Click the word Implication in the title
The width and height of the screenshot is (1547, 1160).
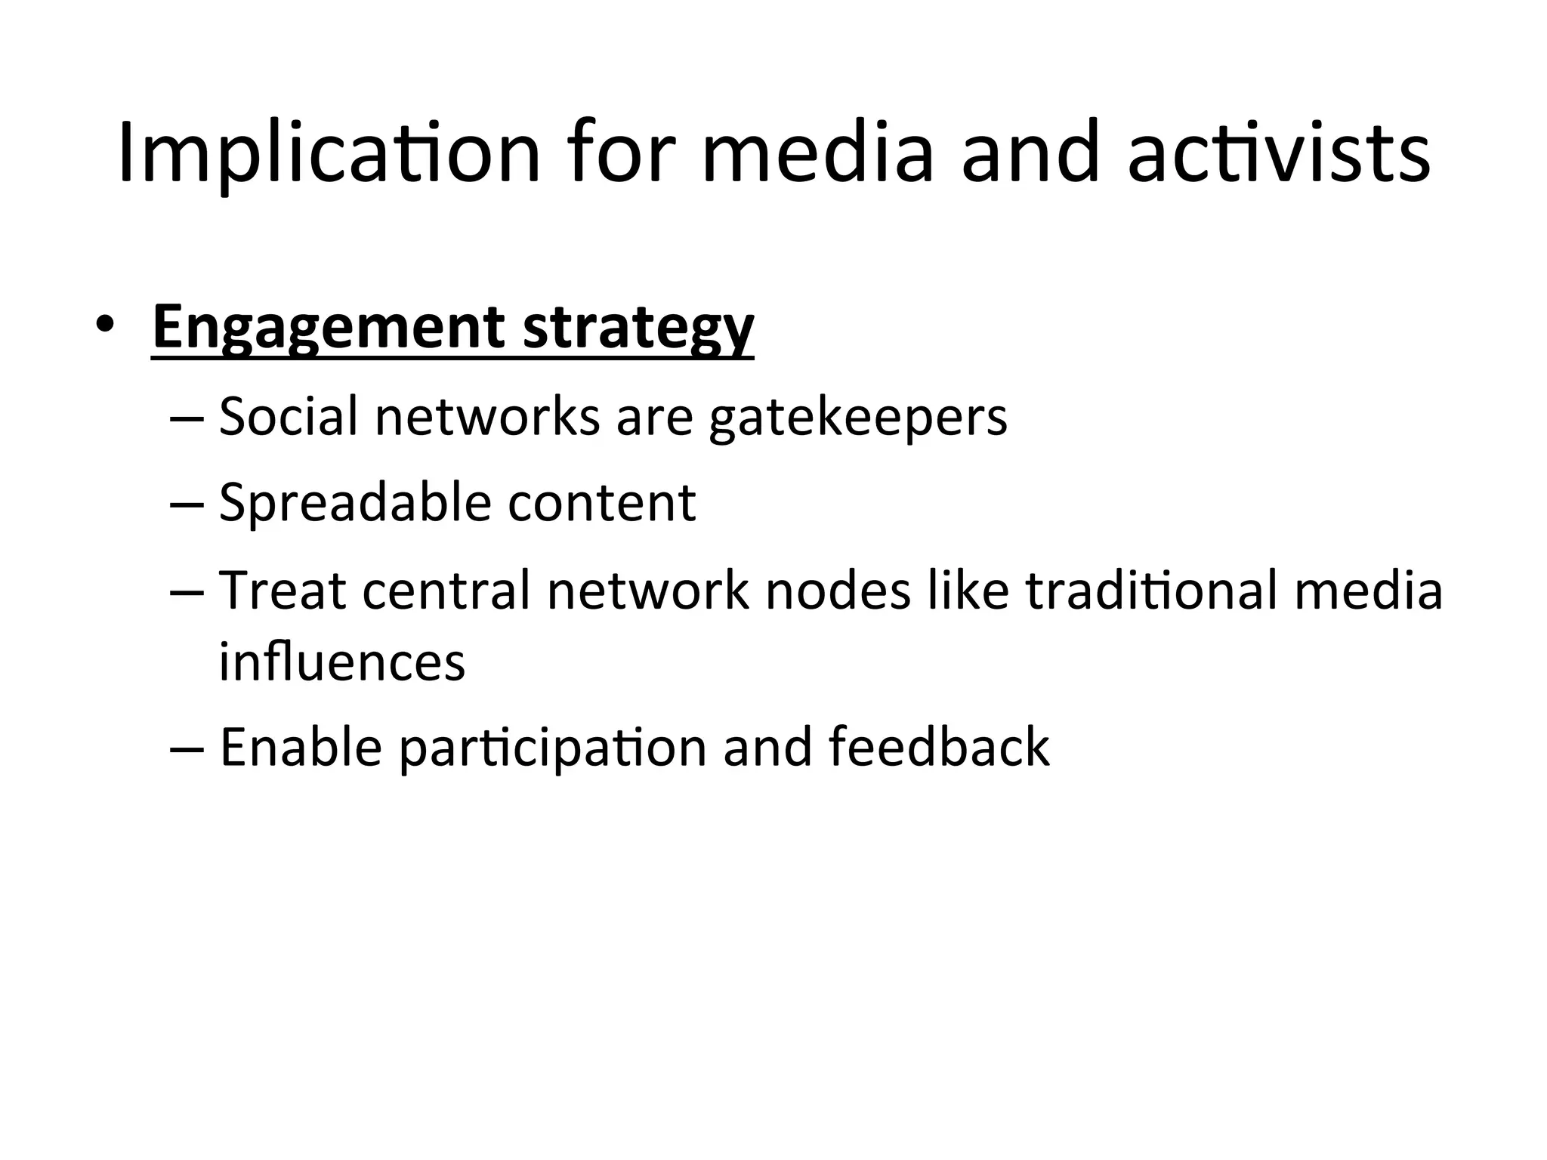click(x=329, y=153)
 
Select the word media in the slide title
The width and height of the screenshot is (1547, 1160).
click(x=817, y=153)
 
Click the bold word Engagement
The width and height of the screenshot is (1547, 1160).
click(x=328, y=328)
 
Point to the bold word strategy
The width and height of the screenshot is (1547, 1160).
click(x=638, y=328)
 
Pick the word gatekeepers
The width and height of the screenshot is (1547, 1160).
click(x=857, y=418)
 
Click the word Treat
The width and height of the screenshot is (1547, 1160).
click(x=282, y=590)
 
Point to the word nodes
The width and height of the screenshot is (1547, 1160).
click(x=838, y=590)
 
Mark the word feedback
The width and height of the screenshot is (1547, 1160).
click(x=938, y=748)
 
